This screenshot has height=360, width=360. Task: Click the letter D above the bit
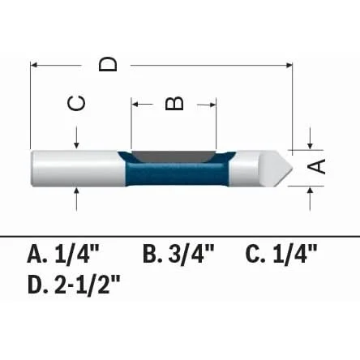coord(108,64)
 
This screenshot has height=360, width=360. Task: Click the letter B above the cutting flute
coord(174,104)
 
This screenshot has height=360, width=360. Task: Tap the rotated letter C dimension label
coord(76,103)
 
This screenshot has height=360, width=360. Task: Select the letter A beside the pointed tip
coord(316,166)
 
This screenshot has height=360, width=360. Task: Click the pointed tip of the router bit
coord(292,168)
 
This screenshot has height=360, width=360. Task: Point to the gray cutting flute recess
coord(173,156)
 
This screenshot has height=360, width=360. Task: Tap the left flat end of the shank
coord(32,168)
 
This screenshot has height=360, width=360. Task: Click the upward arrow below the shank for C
coord(77,199)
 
